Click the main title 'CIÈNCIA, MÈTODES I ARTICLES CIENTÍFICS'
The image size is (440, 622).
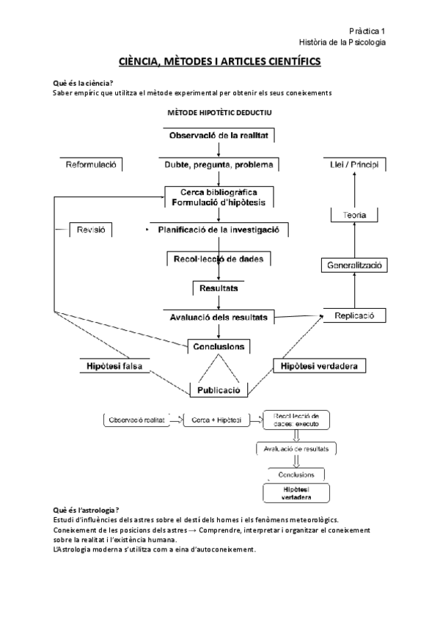coord(219,63)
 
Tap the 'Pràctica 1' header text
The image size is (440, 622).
coord(367,31)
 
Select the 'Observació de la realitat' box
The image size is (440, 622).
coord(219,136)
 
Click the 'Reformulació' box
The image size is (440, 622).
coord(92,164)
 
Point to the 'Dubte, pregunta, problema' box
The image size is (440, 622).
coord(219,164)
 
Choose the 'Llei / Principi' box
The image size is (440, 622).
coord(355,164)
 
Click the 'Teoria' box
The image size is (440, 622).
coord(355,215)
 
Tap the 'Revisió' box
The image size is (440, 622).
coord(92,230)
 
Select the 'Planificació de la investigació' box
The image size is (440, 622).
coord(219,230)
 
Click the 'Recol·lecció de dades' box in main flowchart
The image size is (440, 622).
coord(219,259)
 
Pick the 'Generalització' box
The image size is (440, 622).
coord(355,265)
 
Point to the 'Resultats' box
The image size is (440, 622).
coord(219,288)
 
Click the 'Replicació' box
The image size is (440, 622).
coord(355,315)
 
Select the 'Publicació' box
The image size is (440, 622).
coord(219,390)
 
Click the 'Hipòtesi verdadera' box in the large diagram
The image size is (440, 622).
coord(320,365)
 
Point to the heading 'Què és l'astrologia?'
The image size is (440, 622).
coord(87,510)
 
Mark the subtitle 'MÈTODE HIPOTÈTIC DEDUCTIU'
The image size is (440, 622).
coord(219,114)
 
